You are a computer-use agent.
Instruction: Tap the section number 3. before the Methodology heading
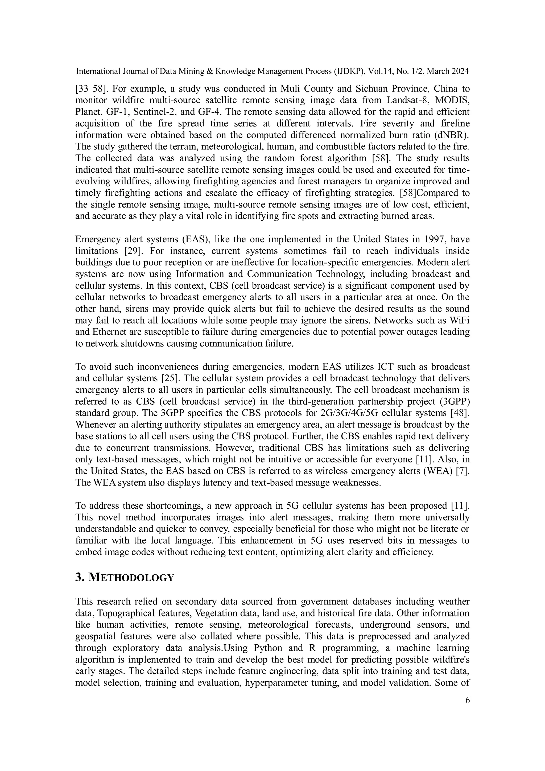(x=80, y=578)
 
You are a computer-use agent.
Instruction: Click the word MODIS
(x=452, y=100)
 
